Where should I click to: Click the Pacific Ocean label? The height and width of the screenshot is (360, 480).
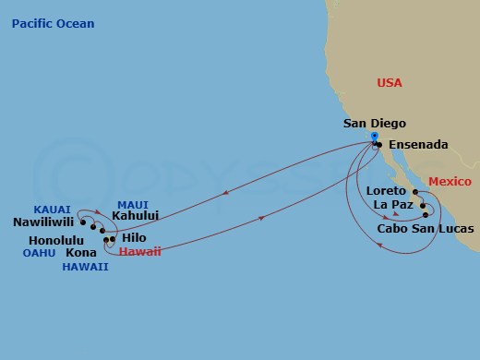[x=53, y=23]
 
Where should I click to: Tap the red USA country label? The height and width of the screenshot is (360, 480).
[x=390, y=83]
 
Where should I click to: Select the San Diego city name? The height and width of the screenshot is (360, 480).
[x=374, y=123]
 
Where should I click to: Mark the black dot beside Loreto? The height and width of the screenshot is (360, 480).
[x=416, y=193]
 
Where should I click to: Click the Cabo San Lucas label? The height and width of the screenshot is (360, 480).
[x=426, y=227]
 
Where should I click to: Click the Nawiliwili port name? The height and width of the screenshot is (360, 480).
[x=44, y=222]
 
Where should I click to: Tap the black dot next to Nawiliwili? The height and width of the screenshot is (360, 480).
[x=83, y=222]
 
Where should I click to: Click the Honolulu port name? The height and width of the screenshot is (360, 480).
[x=46, y=240]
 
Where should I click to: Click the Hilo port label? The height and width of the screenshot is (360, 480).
[x=133, y=237]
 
